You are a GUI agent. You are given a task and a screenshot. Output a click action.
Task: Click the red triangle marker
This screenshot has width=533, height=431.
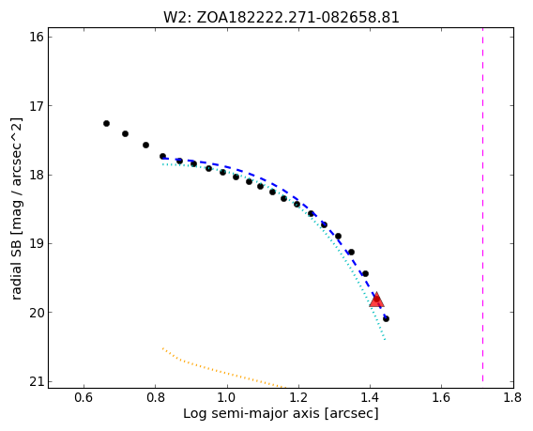[x=376, y=300]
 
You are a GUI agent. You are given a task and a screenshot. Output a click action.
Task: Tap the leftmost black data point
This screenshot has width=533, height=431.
[x=106, y=123]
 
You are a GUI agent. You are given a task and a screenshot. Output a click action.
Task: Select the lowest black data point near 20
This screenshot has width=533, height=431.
[x=387, y=318]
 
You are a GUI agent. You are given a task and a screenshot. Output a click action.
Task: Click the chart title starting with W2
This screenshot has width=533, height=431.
[x=282, y=17]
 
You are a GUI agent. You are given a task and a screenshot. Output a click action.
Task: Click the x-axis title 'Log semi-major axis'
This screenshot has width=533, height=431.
[x=281, y=414]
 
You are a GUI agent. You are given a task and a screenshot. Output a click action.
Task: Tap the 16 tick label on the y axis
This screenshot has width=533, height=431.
[x=37, y=37]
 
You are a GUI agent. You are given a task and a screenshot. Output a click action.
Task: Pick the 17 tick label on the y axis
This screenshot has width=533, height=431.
[x=37, y=105]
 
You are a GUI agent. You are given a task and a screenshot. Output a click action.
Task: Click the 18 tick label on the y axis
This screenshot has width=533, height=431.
[x=37, y=175]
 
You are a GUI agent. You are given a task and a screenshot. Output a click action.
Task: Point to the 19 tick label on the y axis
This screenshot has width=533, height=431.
[x=37, y=243]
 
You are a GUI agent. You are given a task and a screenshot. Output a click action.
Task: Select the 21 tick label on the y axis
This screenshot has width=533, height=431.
[x=37, y=381]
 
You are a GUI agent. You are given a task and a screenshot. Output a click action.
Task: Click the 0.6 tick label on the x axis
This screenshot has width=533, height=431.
[x=84, y=397]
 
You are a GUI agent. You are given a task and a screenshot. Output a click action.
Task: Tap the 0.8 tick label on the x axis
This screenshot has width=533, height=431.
[x=156, y=397]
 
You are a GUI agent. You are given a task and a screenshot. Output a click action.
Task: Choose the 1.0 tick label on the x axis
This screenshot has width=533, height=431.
[x=227, y=397]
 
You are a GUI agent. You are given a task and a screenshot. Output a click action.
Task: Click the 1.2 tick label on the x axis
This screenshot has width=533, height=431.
[x=298, y=397]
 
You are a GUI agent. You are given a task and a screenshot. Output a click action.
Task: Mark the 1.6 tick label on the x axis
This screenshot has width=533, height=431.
[x=441, y=397]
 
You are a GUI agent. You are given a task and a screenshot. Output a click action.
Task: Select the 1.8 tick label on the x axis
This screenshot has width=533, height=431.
[x=512, y=397]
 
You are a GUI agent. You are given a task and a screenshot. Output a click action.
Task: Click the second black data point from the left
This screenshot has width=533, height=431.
[x=125, y=133]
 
